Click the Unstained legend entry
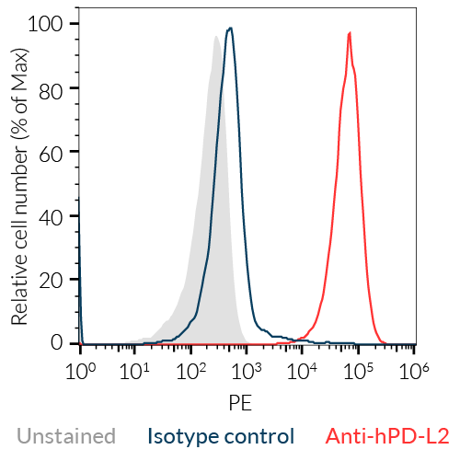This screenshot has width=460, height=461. pyautogui.click(x=66, y=436)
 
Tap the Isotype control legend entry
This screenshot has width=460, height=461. pyautogui.click(x=221, y=436)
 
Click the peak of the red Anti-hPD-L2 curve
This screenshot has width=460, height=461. pyautogui.click(x=350, y=33)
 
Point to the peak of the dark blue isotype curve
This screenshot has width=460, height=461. pyautogui.click(x=230, y=28)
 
